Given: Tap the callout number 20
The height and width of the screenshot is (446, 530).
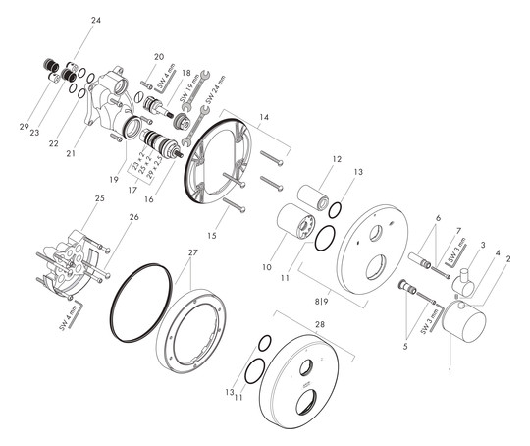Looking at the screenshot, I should click(159, 57).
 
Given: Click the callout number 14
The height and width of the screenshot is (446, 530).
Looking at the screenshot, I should click(263, 117).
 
